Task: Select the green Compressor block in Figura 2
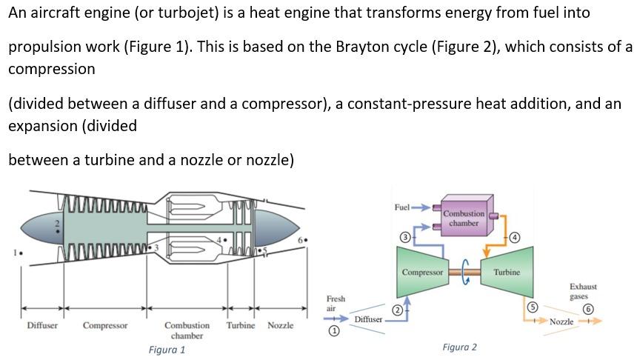click(423, 272)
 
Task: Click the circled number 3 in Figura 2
click(405, 237)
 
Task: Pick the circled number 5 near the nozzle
click(531, 306)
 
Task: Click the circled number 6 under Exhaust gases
click(588, 308)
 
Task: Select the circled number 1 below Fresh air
click(333, 333)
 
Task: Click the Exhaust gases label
click(583, 290)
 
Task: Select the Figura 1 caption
click(167, 350)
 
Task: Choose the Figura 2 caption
click(459, 347)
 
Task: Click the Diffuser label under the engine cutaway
click(42, 325)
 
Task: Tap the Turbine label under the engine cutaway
click(241, 325)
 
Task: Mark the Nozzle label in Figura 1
click(280, 325)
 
